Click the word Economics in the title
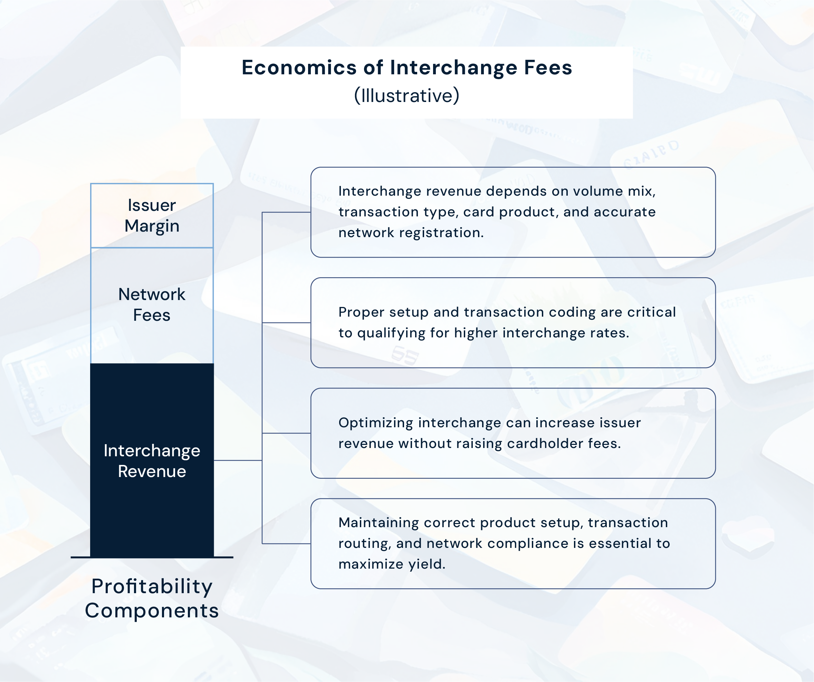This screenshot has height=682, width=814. tap(299, 68)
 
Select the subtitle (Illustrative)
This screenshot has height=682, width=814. tap(406, 95)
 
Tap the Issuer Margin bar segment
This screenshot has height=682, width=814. tap(152, 216)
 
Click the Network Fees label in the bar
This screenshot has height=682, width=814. tap(152, 305)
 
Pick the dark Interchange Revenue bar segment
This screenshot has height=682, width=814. tap(152, 461)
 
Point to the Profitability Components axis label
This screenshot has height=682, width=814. tap(152, 598)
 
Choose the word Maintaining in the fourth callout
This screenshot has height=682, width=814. tap(378, 523)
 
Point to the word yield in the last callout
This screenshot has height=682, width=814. tap(425, 564)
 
